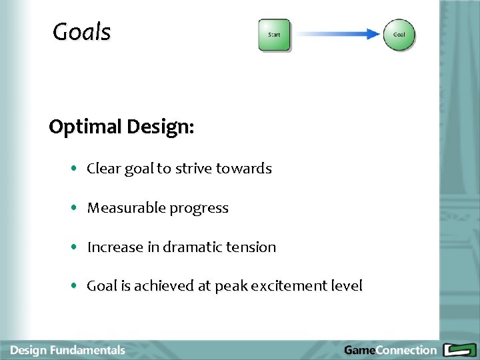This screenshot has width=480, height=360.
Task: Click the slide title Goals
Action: tap(81, 32)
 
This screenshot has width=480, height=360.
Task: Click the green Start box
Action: tap(274, 35)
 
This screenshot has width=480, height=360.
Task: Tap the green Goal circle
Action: tap(399, 35)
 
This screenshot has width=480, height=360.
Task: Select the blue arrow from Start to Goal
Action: tap(337, 34)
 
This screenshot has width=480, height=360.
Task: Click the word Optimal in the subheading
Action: tap(84, 127)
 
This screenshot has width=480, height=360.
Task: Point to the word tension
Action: tap(251, 247)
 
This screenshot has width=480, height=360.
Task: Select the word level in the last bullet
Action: tap(347, 286)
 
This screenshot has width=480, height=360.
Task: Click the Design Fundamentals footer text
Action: tap(67, 350)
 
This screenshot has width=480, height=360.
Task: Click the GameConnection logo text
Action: tap(390, 350)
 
